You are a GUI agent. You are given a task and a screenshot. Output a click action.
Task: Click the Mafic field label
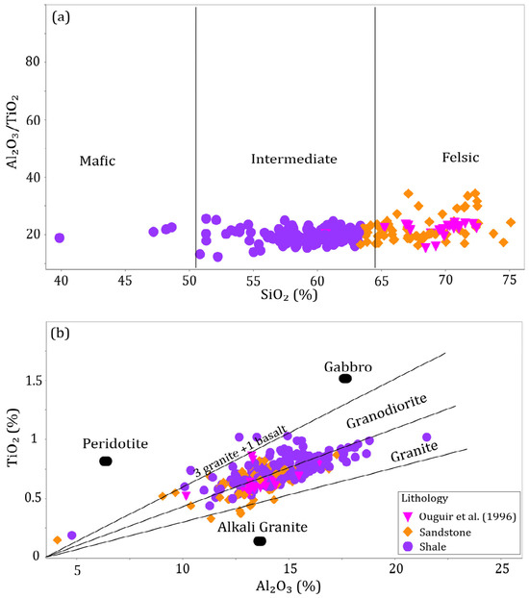point(97,161)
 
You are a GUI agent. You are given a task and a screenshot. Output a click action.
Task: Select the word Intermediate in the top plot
point(294,159)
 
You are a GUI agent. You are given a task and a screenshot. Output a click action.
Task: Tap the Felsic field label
point(461,157)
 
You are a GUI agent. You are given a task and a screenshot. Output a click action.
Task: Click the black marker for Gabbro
point(345,379)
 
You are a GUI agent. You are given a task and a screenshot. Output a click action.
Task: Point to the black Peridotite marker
point(106,461)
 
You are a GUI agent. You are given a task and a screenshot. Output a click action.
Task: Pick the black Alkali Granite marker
point(260,541)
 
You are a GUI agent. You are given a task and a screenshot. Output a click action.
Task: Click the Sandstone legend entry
point(438,532)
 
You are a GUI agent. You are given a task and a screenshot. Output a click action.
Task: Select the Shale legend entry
point(425,547)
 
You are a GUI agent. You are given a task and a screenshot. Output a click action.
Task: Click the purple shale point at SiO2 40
point(60,238)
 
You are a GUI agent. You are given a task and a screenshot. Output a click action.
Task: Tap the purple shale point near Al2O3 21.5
point(427,437)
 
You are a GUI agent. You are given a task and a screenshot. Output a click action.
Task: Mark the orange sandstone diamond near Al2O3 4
point(58,540)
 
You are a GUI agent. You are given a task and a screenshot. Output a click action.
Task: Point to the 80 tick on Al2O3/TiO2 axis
point(33,62)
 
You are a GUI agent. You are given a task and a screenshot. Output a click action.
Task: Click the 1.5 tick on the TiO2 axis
point(33,381)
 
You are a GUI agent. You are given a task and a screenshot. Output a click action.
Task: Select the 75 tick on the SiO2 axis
point(510,281)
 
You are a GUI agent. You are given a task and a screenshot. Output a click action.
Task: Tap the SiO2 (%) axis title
point(289,295)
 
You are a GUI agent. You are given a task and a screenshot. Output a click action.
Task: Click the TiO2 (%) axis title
point(13,437)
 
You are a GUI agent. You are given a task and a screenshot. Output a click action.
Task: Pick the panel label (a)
point(61,17)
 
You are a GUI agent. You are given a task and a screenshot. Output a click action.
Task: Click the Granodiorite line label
point(387,411)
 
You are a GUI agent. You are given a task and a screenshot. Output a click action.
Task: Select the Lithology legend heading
point(424,498)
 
